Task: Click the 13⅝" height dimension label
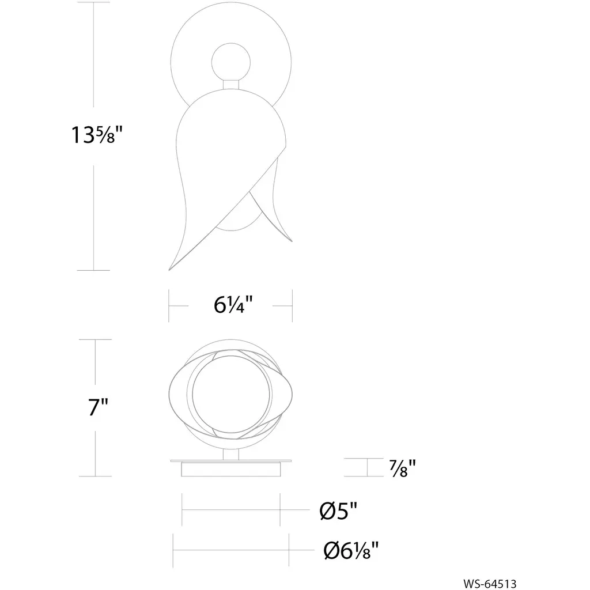point(97,135)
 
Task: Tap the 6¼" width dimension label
point(233,305)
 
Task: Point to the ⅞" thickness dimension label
point(403,468)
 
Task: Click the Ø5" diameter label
point(338,510)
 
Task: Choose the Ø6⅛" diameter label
point(351,551)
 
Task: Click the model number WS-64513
point(490,584)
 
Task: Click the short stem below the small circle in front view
point(230,85)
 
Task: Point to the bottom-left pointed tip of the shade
point(169,270)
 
